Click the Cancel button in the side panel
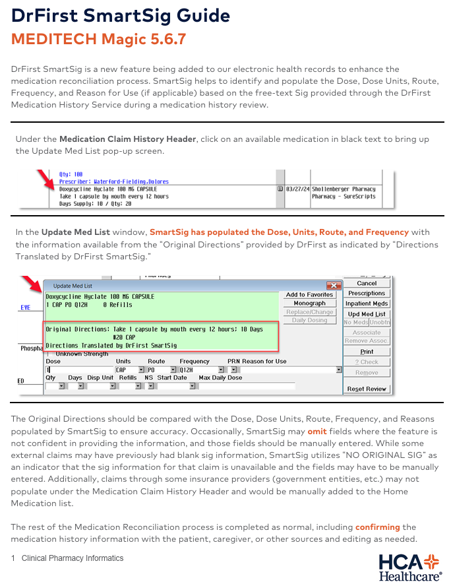click(x=367, y=283)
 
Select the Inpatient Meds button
click(x=367, y=303)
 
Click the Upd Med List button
click(x=367, y=313)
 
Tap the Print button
click(x=367, y=352)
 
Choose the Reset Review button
click(x=367, y=389)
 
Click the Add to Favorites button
click(x=309, y=294)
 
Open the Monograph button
click(x=309, y=304)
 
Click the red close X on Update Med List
click(x=334, y=286)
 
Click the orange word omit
click(x=316, y=430)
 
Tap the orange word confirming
click(x=378, y=527)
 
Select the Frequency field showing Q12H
click(x=194, y=370)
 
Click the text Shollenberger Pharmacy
click(x=344, y=187)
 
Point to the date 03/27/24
click(x=297, y=187)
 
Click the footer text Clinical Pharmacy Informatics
click(x=73, y=558)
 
